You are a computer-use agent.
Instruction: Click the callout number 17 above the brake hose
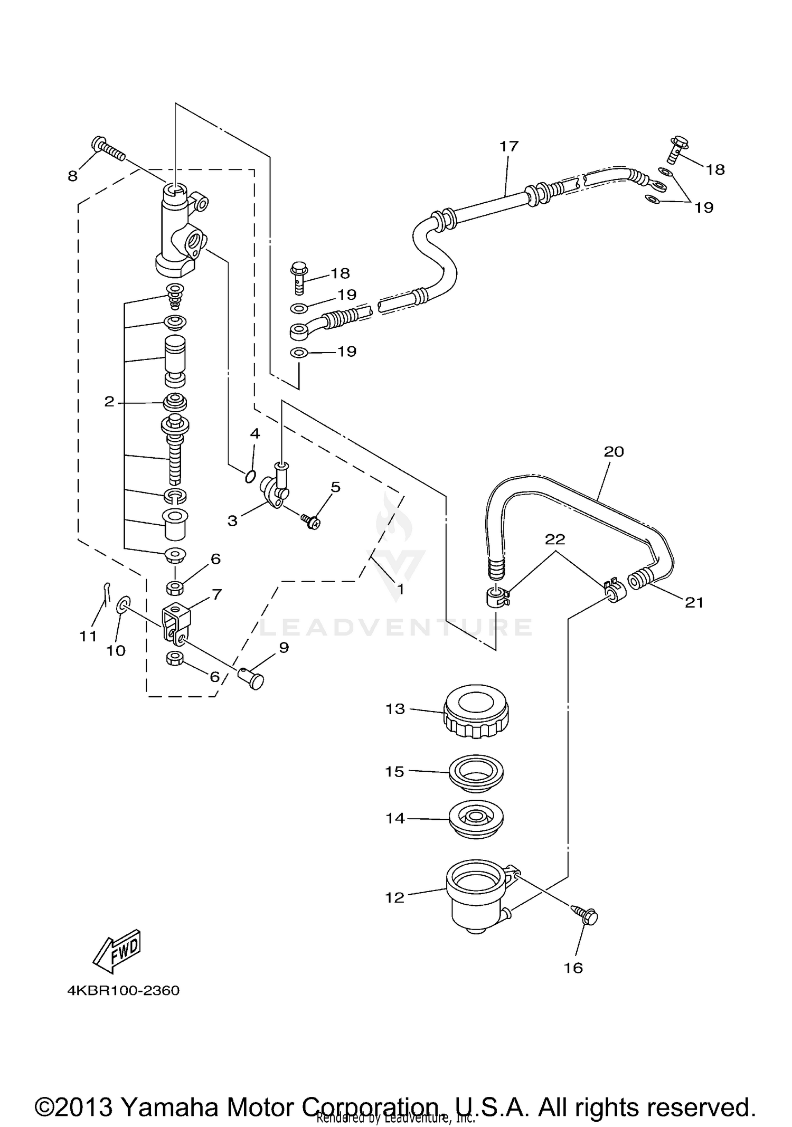[x=510, y=146]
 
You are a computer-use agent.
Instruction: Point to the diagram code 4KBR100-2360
[x=123, y=990]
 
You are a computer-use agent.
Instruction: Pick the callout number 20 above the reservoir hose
[x=614, y=451]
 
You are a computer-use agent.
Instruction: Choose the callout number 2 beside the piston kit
[x=109, y=402]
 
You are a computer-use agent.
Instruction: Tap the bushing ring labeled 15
[x=476, y=771]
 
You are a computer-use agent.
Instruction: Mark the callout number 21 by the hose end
[x=694, y=602]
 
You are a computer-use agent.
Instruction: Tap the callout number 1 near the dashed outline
[x=400, y=589]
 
